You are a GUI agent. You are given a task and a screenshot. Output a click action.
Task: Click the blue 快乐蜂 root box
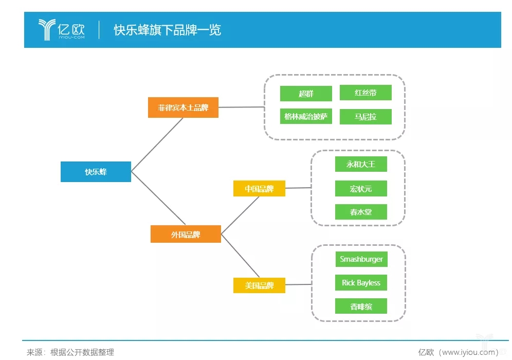click(x=96, y=171)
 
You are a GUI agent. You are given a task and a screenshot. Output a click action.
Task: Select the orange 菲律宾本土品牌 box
click(x=183, y=107)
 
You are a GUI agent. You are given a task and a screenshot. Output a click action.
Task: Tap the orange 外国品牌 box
click(x=186, y=234)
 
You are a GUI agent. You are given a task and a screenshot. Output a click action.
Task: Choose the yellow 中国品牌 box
click(x=259, y=189)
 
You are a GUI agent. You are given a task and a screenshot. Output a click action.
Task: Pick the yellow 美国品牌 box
click(x=259, y=285)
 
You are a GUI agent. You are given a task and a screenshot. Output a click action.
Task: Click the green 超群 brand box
click(x=306, y=94)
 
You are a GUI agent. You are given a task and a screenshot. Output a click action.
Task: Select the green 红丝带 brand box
click(x=365, y=93)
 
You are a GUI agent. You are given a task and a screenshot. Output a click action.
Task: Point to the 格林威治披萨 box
click(x=306, y=116)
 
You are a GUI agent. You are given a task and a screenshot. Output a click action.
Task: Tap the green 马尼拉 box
click(x=365, y=117)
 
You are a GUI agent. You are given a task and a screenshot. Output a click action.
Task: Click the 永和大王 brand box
click(x=361, y=164)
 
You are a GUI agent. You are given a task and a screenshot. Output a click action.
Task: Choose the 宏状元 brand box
click(x=361, y=189)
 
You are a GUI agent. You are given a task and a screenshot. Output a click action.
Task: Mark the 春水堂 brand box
click(x=361, y=212)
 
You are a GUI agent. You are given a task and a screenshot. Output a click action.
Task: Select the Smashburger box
click(x=361, y=259)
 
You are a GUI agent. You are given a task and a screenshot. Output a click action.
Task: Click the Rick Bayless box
click(x=361, y=282)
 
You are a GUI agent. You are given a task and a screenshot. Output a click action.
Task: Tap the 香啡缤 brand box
click(x=361, y=306)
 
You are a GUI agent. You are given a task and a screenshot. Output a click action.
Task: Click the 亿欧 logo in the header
click(x=62, y=30)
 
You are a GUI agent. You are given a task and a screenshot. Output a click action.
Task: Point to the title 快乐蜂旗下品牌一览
click(x=168, y=30)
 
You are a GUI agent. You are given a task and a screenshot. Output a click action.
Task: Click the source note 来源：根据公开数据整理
click(x=70, y=352)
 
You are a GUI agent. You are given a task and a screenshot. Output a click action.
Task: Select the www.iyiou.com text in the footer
click(x=468, y=352)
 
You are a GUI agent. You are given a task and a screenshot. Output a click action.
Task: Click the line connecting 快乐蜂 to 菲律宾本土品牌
click(x=157, y=145)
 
